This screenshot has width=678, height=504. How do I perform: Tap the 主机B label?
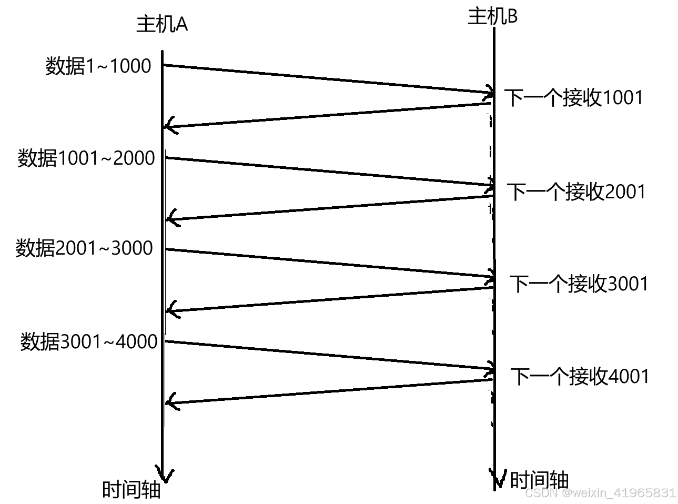pyautogui.click(x=492, y=16)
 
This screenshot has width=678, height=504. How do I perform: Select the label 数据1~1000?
pyautogui.click(x=98, y=66)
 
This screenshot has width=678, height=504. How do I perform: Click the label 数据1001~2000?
pyautogui.click(x=86, y=158)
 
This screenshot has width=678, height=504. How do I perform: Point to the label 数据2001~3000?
pyautogui.click(x=84, y=248)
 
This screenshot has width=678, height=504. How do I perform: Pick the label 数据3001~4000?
pyautogui.click(x=89, y=341)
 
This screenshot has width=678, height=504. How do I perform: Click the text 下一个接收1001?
pyautogui.click(x=574, y=98)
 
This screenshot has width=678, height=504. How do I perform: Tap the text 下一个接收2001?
pyautogui.click(x=576, y=191)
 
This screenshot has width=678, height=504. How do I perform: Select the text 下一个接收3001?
pyautogui.click(x=579, y=284)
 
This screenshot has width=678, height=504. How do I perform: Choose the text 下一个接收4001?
pyautogui.click(x=580, y=376)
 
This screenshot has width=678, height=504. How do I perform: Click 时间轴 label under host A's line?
pyautogui.click(x=131, y=490)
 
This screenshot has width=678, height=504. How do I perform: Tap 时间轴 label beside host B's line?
pyautogui.click(x=539, y=479)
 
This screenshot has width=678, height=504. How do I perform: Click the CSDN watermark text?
pyautogui.click(x=600, y=493)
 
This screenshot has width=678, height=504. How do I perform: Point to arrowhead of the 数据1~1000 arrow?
pyautogui.click(x=491, y=92)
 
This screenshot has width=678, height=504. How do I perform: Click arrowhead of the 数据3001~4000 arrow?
pyautogui.click(x=491, y=368)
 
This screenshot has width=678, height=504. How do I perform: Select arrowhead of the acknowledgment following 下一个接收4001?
pyautogui.click(x=170, y=402)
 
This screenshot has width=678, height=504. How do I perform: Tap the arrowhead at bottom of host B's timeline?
pyautogui.click(x=495, y=478)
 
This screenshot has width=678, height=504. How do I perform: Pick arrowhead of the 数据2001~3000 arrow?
pyautogui.click(x=491, y=276)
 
